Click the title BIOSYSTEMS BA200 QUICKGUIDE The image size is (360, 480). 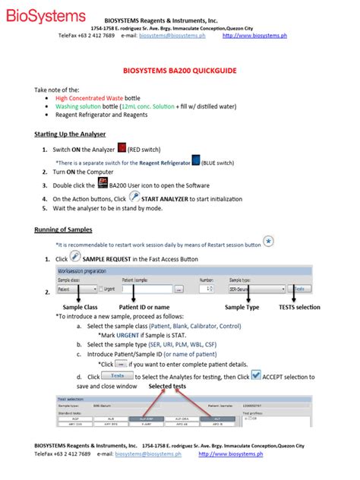179,70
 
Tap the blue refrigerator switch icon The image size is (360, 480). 196,160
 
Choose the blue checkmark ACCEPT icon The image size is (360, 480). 256,374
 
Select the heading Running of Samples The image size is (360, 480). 64,229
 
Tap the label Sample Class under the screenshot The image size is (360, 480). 81,307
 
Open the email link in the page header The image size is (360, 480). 172,35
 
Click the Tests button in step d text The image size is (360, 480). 117,375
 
